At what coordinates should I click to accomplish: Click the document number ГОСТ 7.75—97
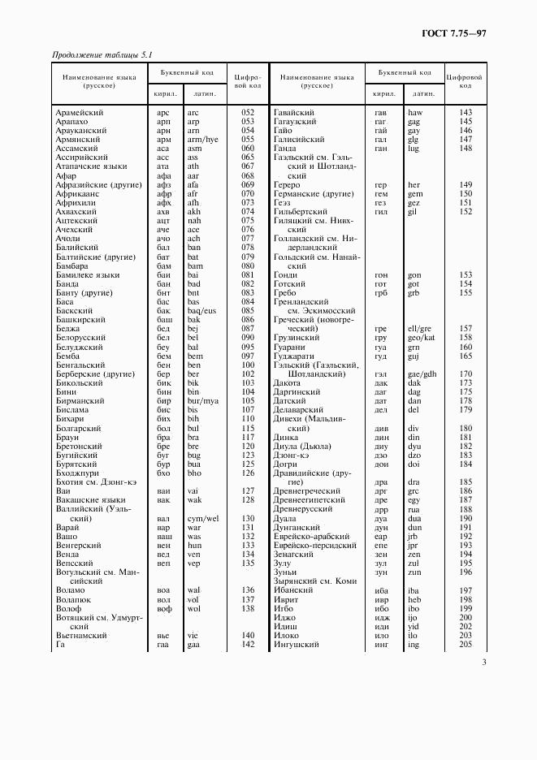454,32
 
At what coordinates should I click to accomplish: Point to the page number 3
483,663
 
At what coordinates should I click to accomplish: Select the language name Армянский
77,140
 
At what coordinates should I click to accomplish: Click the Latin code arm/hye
202,140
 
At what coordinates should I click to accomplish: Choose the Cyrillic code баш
163,320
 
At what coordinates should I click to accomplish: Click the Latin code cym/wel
202,518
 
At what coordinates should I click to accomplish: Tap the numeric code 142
248,644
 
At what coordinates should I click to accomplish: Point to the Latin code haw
415,112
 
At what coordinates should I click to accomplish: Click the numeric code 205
466,644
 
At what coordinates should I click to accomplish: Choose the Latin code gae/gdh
422,374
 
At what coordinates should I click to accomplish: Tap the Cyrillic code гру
379,338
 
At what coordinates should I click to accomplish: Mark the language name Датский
290,401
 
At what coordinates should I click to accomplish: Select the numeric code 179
466,410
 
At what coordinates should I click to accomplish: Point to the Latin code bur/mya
202,401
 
